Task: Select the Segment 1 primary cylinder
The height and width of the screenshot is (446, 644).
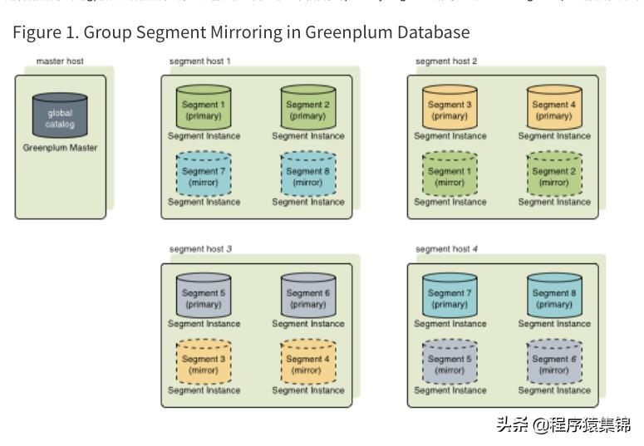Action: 204,109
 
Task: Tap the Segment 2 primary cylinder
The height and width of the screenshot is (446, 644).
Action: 307,109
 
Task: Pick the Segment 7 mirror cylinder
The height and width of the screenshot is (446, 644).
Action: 204,175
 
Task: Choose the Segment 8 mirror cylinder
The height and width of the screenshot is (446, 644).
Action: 307,175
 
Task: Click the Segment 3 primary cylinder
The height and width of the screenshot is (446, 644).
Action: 450,109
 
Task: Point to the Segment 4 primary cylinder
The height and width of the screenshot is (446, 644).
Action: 554,109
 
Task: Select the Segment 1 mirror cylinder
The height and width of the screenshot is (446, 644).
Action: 450,175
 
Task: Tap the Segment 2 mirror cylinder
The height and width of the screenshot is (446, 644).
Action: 554,175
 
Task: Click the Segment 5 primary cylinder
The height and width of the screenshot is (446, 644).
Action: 204,297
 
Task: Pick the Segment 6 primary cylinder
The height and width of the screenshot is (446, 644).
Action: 307,297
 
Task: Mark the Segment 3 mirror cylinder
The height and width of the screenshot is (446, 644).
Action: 204,363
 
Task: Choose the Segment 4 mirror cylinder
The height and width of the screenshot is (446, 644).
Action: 307,363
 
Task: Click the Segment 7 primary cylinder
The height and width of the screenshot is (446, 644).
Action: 450,297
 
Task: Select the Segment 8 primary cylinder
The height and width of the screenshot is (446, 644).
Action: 554,297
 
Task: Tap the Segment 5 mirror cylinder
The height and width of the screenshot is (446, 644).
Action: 450,363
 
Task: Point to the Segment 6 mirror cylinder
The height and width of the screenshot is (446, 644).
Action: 554,363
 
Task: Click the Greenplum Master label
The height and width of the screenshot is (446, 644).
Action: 60,148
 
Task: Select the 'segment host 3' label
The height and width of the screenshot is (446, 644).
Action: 199,248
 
